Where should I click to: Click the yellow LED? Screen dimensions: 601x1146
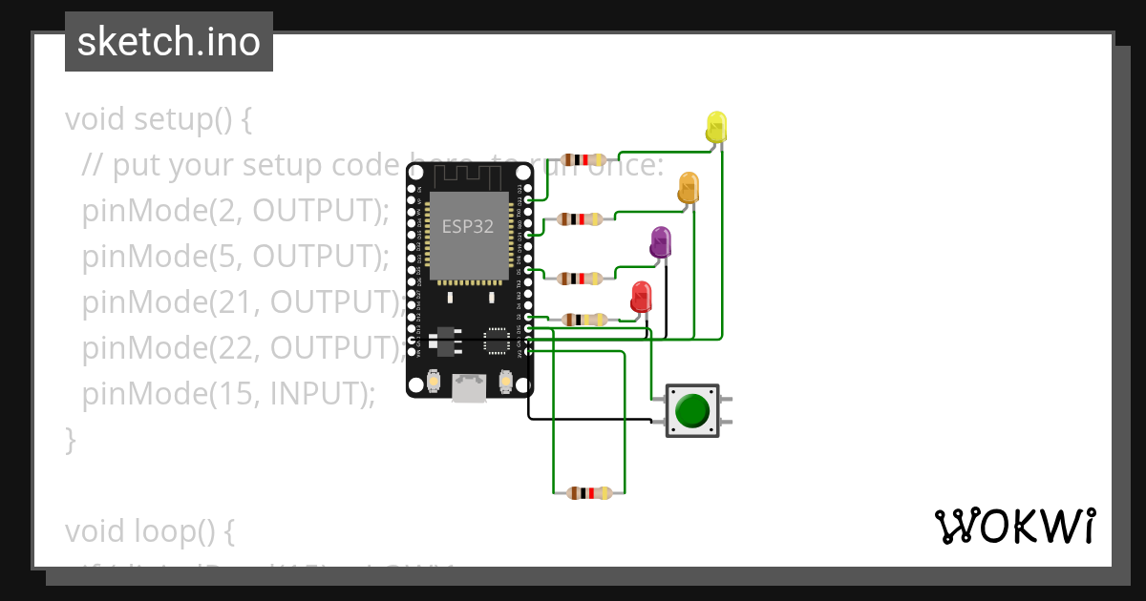coord(716,127)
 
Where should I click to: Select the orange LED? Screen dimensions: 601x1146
coord(689,185)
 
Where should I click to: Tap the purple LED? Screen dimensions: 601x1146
coord(660,242)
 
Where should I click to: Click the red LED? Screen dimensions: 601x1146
coord(641,296)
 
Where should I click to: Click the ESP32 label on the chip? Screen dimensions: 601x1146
coord(468,226)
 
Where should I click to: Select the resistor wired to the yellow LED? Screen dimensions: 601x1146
coord(584,159)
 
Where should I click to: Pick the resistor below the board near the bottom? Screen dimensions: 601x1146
coord(588,493)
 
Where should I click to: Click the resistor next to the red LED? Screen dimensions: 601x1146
coord(584,320)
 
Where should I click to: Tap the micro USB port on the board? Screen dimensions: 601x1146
coord(469,386)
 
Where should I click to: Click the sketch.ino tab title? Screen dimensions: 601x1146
coord(169,42)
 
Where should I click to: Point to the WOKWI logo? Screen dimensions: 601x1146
coord(1014,527)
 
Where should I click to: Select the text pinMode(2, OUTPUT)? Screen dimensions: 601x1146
coord(236,210)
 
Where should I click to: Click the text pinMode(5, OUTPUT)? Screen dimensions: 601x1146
coord(236,256)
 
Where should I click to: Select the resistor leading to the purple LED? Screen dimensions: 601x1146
coord(579,279)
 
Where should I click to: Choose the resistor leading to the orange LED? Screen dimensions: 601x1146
coord(580,218)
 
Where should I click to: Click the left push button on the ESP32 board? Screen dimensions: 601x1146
coord(434,382)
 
